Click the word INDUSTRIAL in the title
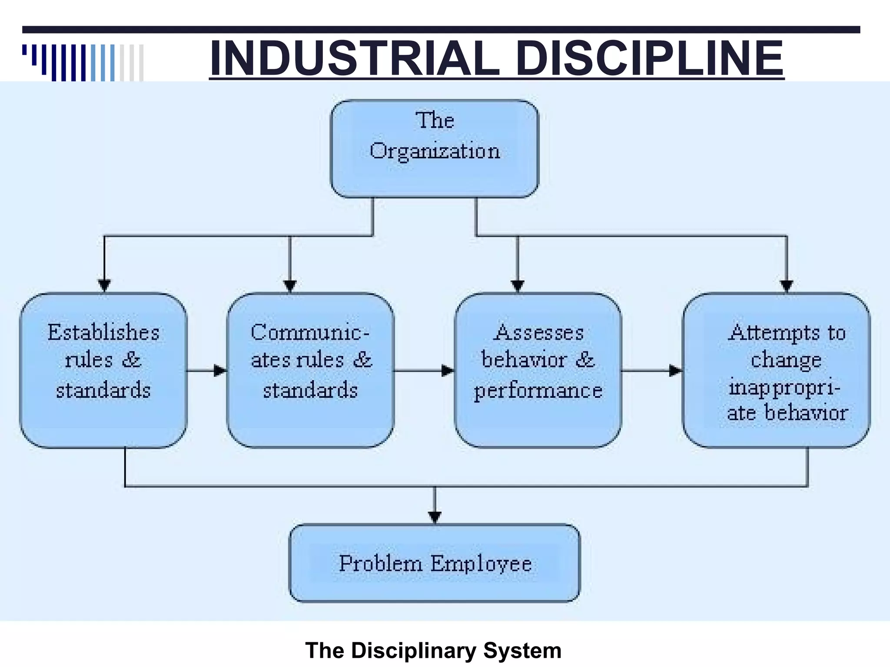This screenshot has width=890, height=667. pyautogui.click(x=354, y=58)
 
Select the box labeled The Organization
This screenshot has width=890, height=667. pyautogui.click(x=435, y=149)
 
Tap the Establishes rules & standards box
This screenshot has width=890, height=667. pyautogui.click(x=103, y=370)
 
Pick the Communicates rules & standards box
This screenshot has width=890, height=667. pyautogui.click(x=310, y=370)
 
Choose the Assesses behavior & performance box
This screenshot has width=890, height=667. pyautogui.click(x=538, y=370)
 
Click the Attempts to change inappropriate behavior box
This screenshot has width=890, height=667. pyautogui.click(x=777, y=370)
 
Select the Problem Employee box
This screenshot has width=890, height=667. pyautogui.click(x=435, y=563)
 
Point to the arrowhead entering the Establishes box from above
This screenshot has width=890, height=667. pyautogui.click(x=104, y=286)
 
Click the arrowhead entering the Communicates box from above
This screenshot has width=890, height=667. pyautogui.click(x=290, y=286)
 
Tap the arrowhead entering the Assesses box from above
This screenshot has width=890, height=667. pyautogui.click(x=518, y=286)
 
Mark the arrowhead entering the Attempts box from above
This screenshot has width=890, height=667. pyautogui.click(x=787, y=286)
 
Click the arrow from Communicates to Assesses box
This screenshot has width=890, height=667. pyautogui.click(x=424, y=371)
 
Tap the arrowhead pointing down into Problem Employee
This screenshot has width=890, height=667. pyautogui.click(x=435, y=517)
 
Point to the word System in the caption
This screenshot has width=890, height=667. pyautogui.click(x=522, y=650)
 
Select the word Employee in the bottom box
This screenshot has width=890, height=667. pyautogui.click(x=481, y=564)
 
